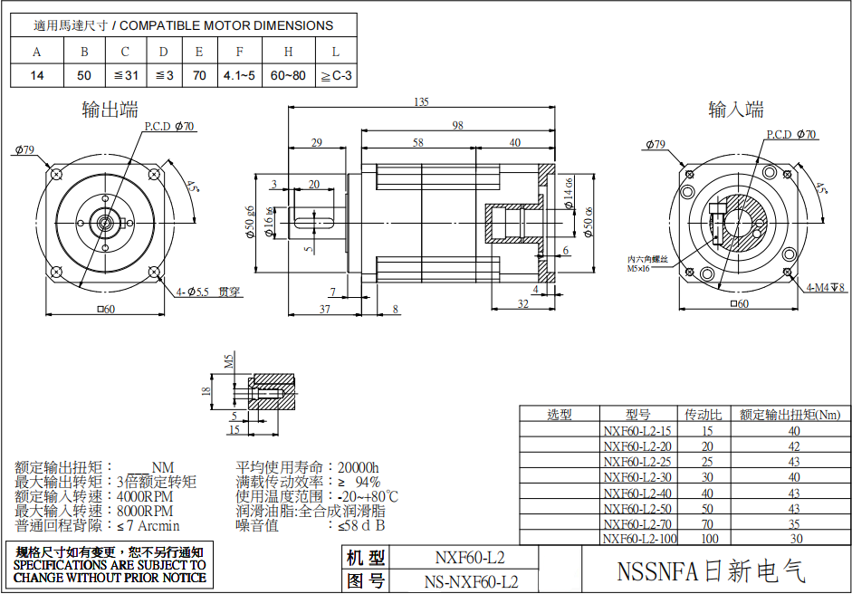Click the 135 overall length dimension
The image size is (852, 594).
point(421,101)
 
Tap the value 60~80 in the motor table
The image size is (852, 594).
point(289,76)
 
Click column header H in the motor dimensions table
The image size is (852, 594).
point(289,52)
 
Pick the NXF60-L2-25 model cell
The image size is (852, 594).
point(637,462)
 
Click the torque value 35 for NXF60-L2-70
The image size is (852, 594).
point(794,523)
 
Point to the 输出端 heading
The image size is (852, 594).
point(110,110)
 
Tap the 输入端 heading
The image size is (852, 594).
point(736,110)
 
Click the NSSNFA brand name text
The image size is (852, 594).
point(711,572)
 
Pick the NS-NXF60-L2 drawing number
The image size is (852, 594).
point(471,581)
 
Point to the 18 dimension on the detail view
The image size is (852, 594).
point(206,390)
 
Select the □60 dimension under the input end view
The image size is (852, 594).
point(739,304)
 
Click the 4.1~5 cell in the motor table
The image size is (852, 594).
point(239,76)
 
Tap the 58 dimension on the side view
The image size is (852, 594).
point(417,143)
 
